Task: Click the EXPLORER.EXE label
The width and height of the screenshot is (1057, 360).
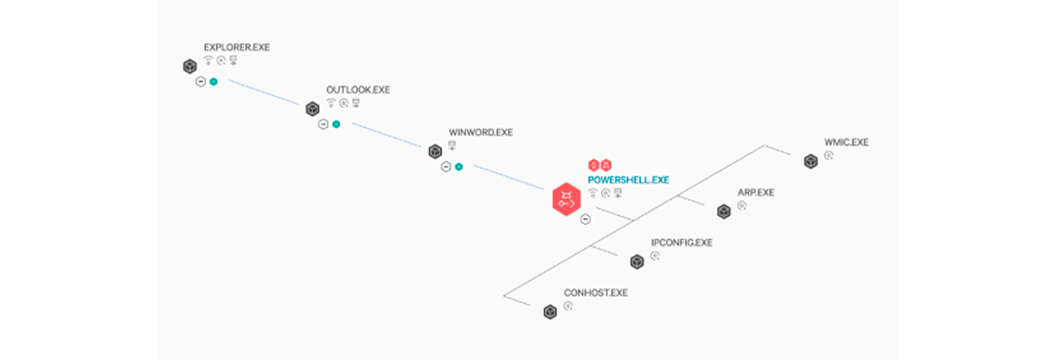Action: pyautogui.click(x=237, y=48)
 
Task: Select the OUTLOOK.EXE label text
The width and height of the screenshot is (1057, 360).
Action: pyautogui.click(x=358, y=90)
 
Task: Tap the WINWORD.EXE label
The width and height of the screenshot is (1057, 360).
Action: pyautogui.click(x=481, y=132)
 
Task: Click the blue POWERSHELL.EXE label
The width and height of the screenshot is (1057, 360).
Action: pyautogui.click(x=628, y=180)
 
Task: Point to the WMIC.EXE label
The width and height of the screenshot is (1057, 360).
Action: pyautogui.click(x=846, y=142)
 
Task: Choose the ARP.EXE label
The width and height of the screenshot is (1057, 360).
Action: pyautogui.click(x=756, y=192)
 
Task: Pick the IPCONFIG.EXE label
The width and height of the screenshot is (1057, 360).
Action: pyautogui.click(x=682, y=243)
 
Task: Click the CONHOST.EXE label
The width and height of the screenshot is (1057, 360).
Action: pyautogui.click(x=596, y=293)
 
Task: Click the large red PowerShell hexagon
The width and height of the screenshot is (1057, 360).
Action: pyautogui.click(x=567, y=199)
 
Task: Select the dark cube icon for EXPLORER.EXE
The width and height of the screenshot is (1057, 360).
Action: pyautogui.click(x=190, y=67)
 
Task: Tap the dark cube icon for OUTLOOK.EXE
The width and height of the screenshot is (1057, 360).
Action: pyautogui.click(x=312, y=109)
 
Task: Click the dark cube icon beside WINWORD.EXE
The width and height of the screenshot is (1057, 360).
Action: pyautogui.click(x=435, y=152)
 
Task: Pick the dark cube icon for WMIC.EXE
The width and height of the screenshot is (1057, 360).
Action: pyautogui.click(x=811, y=161)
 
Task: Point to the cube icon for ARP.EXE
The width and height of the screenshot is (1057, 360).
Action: pyautogui.click(x=724, y=211)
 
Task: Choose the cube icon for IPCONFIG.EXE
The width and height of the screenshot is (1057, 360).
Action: pyautogui.click(x=637, y=262)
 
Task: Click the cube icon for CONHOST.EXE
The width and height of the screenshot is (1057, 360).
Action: pyautogui.click(x=550, y=312)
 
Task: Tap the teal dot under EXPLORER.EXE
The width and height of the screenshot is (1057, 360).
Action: pyautogui.click(x=214, y=82)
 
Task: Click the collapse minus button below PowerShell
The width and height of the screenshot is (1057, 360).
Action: pyautogui.click(x=586, y=219)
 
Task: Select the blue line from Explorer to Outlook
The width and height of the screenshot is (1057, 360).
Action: pyautogui.click(x=263, y=92)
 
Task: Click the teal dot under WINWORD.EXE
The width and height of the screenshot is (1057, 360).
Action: pyautogui.click(x=459, y=167)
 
